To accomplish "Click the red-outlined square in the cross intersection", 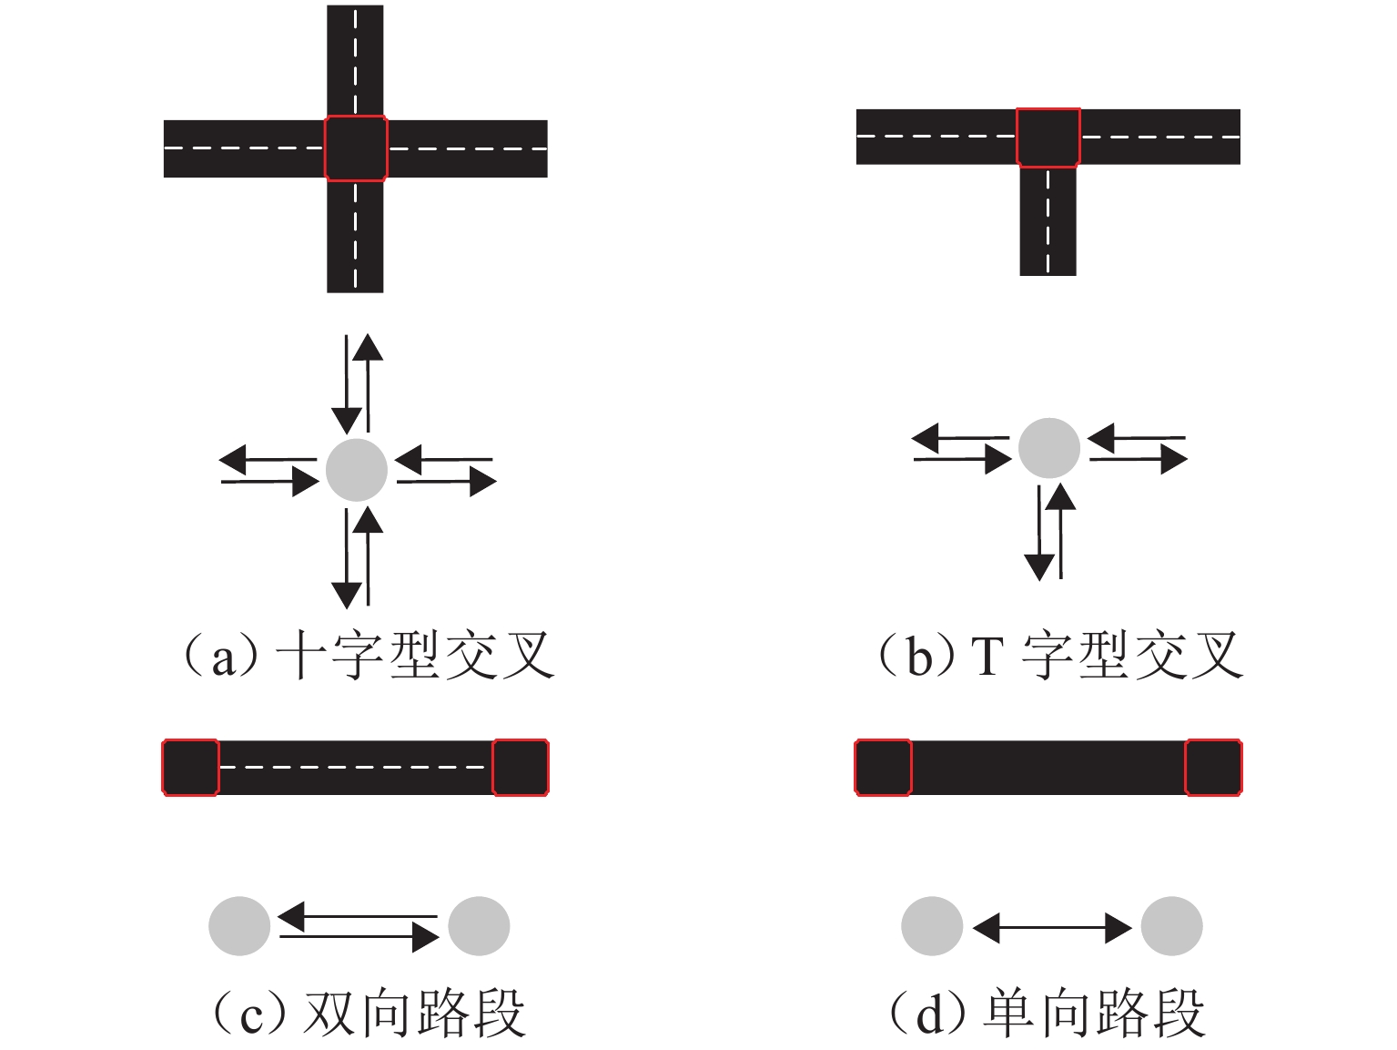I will pos(356,148).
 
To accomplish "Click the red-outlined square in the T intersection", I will pos(1048,138).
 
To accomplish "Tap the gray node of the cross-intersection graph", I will pos(357,470).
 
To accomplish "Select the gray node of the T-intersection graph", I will pos(1048,448).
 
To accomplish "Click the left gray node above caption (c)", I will pos(239,926).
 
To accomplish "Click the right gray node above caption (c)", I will pos(480,926).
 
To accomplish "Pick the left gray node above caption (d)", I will pos(932,926).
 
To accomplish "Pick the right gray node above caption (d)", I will pos(1172,926).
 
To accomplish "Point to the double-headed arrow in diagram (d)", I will pos(1052,927).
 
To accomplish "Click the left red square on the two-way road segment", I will pos(190,768).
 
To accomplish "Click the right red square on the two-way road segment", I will pos(521,768).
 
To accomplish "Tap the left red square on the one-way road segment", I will pos(883,768).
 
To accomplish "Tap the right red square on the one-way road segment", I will pos(1213,768).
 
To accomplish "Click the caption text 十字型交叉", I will pos(414,656).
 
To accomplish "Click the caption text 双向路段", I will pos(414,1013).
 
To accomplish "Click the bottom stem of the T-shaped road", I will pos(1048,223).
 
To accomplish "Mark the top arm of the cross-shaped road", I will pos(355,59).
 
